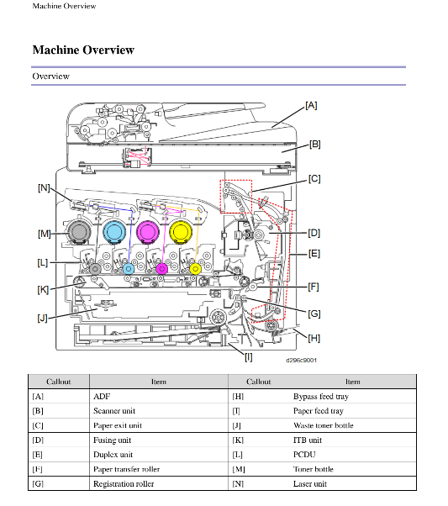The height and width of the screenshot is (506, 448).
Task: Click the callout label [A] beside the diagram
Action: pos(311,106)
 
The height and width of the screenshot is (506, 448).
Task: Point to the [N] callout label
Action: pos(44,187)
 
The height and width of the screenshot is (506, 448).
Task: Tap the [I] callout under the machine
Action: pos(248,357)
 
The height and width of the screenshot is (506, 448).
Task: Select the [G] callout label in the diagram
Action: pos(314,314)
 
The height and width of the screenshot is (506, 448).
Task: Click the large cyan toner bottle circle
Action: pos(114,232)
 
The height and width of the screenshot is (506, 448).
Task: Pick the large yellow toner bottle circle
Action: pos(181,232)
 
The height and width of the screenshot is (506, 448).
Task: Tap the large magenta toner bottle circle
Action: pos(147,232)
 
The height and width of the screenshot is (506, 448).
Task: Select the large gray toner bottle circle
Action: pos(79,232)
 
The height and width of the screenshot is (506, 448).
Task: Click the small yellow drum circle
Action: pos(195,268)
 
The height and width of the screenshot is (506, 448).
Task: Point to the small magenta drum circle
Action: pos(161,268)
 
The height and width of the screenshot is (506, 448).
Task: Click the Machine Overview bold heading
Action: pos(83,50)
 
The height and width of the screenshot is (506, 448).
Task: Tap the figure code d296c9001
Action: pos(301,360)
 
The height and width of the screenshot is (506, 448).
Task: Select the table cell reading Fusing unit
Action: pos(112,440)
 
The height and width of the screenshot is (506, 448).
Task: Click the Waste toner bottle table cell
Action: pos(323,425)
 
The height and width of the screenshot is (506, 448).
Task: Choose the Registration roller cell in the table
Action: pos(124,484)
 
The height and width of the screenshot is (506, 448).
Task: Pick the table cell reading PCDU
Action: pos(304,455)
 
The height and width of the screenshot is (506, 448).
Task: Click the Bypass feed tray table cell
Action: pos(321,397)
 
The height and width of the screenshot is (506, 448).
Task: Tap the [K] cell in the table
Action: pos(238,440)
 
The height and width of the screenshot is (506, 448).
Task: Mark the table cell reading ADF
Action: pos(102,396)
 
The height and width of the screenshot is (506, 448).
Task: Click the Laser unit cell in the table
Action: pos(310,484)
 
